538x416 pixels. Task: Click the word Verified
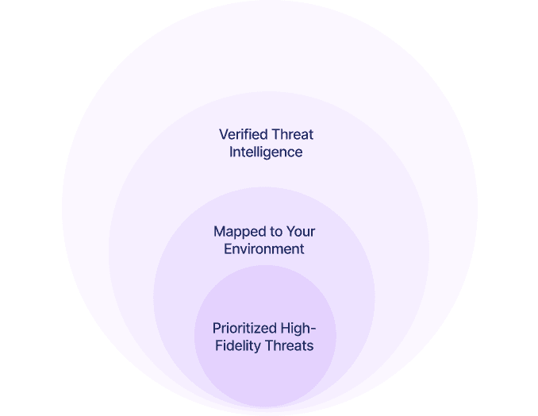[243, 135]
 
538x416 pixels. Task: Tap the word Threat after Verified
[291, 135]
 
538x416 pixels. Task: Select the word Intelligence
[266, 152]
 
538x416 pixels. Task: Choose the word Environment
[264, 249]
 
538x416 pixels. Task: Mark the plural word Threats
[289, 346]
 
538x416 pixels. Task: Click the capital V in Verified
[224, 135]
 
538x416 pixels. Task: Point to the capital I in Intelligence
[232, 152]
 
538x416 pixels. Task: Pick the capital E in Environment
[228, 249]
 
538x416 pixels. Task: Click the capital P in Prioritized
[217, 329]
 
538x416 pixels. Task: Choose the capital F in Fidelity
[219, 346]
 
